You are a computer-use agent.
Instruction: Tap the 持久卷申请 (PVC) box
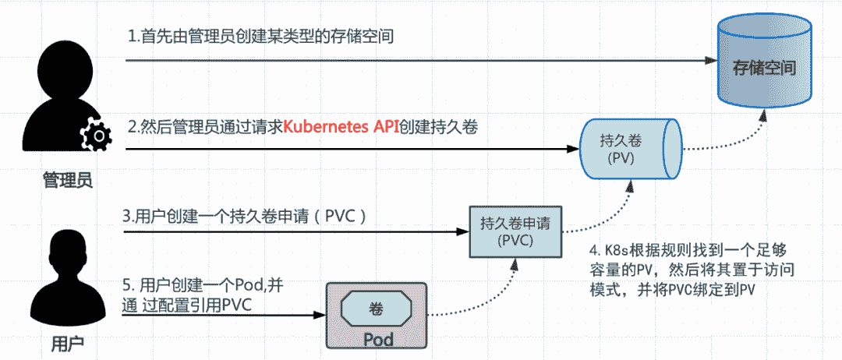point(515,232)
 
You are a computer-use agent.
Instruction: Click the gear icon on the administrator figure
point(97,137)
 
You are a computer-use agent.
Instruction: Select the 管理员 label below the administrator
point(67,181)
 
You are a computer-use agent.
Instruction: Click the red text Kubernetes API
point(340,127)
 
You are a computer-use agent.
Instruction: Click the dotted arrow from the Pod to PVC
point(483,300)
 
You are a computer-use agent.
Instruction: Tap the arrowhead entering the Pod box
point(320,315)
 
